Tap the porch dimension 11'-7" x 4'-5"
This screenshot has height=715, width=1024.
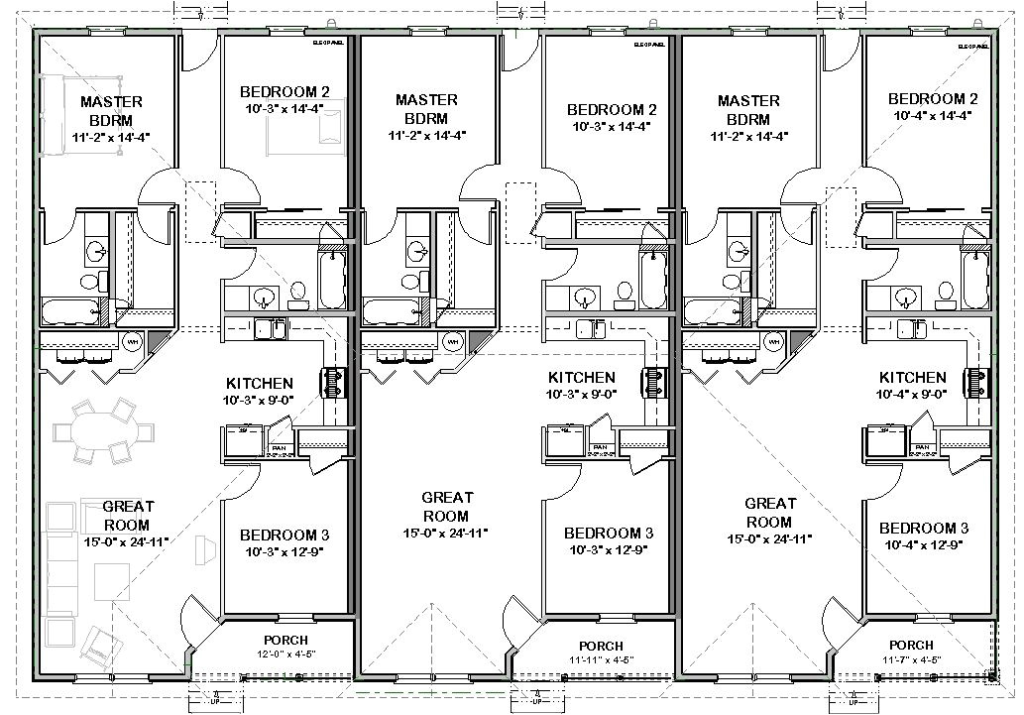[x=911, y=659]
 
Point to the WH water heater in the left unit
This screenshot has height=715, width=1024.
[x=131, y=342]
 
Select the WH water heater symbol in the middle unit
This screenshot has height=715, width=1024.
[x=453, y=342]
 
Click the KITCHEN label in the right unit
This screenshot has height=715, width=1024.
[x=911, y=378]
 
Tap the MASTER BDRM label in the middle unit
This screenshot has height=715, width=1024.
[x=426, y=109]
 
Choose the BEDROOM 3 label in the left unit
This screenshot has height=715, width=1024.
[x=286, y=536]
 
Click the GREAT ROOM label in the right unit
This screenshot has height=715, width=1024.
[x=769, y=513]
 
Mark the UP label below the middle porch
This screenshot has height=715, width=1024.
[x=535, y=700]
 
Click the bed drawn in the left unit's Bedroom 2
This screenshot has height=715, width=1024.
[x=296, y=130]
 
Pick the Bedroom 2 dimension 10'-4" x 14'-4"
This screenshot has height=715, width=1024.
[x=933, y=115]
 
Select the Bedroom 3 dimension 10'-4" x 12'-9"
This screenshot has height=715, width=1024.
[x=923, y=544]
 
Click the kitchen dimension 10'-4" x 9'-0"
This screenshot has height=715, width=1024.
[x=911, y=394]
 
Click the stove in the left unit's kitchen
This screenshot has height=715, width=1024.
[x=329, y=380]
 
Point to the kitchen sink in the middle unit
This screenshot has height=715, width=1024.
[x=587, y=328]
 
